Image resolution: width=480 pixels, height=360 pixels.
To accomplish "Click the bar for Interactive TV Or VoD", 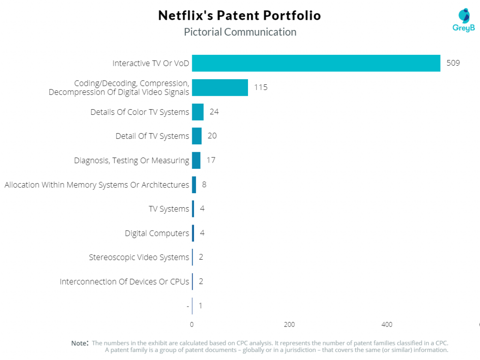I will (316, 63).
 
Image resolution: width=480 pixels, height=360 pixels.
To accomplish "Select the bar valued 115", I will (220, 88).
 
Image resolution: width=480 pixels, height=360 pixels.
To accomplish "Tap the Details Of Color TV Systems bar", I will (198, 112).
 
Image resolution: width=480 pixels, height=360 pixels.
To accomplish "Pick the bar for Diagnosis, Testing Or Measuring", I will (196, 160).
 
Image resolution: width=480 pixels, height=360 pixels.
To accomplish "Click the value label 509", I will (453, 63).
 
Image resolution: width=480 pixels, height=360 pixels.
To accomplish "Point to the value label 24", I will (214, 112).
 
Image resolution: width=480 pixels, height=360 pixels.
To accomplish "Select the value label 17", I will (211, 160).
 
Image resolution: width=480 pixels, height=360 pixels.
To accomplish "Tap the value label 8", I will (204, 184).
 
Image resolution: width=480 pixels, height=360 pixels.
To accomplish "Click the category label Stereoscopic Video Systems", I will (139, 257).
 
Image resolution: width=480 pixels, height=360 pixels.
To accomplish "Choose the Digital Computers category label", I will (157, 233).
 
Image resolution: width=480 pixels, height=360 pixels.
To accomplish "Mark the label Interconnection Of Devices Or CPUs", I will (125, 282).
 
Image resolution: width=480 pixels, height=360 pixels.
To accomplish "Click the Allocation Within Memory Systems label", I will (97, 185).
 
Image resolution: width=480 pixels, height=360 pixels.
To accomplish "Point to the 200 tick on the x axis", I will (289, 324).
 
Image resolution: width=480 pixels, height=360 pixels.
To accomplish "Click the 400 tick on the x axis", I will (387, 324).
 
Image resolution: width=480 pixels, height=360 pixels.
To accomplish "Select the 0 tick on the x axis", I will (192, 324).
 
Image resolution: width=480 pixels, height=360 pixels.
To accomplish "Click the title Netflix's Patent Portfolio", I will (240, 15).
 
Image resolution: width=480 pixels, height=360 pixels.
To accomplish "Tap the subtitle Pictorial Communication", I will (240, 32).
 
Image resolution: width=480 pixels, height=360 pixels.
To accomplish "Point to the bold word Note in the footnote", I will (80, 343).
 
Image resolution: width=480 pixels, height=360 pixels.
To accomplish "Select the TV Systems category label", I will (169, 209).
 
